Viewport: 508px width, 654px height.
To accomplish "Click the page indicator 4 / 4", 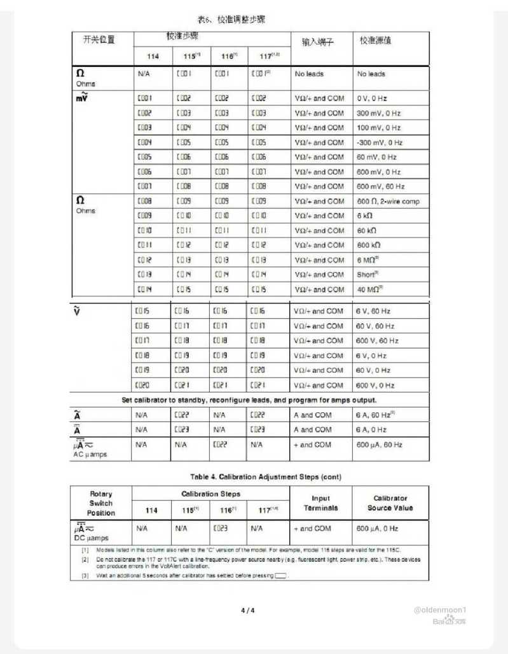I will (247, 611).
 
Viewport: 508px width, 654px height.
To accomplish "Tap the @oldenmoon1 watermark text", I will (444, 609).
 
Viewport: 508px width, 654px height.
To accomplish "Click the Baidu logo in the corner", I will (450, 621).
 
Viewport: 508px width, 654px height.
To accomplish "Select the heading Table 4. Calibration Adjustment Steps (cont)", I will (249, 476).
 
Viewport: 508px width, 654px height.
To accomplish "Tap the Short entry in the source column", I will (368, 275).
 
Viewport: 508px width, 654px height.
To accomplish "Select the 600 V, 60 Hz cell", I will (378, 341).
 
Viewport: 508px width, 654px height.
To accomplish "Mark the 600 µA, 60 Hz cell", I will (379, 445).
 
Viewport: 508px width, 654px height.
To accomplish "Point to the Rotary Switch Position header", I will (100, 503).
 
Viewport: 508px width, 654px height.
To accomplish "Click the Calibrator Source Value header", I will (390, 503).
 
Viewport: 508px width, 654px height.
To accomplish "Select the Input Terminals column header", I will (320, 503).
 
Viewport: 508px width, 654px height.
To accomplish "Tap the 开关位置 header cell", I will (100, 39).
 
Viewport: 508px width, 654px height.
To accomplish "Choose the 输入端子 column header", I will (317, 42).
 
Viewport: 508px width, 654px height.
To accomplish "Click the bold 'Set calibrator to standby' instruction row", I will (249, 400).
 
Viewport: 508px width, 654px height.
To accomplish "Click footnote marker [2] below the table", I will (85, 560).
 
